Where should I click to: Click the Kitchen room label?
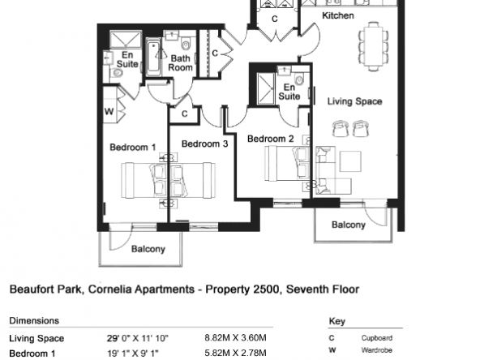point(338,15)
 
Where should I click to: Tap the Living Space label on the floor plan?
point(355,101)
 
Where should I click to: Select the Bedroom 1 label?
point(133,148)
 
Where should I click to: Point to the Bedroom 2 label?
point(271,139)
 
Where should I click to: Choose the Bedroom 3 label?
point(205,144)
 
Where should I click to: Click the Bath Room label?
point(180,62)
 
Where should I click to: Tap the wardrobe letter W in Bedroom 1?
point(109,111)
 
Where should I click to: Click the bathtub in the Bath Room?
point(153,57)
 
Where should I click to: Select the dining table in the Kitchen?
point(374,46)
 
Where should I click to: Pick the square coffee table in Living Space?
point(350,161)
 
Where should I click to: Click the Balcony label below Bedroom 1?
point(148,249)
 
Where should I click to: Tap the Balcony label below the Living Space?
point(349,225)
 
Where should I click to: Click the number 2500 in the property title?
point(268,289)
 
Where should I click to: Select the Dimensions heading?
point(34,320)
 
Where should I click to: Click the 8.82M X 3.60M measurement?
point(235,337)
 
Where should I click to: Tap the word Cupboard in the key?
point(376,338)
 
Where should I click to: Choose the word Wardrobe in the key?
point(376,350)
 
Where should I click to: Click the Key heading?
point(337,321)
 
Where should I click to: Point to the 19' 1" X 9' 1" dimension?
point(133,353)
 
